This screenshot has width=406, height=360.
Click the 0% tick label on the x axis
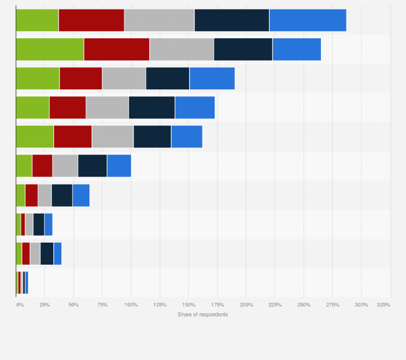[x=20, y=305]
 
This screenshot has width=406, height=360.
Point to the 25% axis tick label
[x=45, y=305]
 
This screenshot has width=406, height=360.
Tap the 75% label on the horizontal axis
[x=102, y=305]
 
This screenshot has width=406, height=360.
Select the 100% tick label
[x=131, y=305]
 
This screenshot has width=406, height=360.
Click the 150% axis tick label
[x=188, y=305]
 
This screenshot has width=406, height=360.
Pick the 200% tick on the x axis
[x=246, y=305]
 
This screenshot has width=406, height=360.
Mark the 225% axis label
[x=275, y=305]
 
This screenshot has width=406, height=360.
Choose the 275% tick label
[x=332, y=305]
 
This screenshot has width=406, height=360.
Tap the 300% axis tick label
[x=361, y=305]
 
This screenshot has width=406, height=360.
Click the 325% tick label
[x=383, y=305]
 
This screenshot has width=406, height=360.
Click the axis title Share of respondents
[x=203, y=314]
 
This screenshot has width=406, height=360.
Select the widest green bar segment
[x=50, y=50]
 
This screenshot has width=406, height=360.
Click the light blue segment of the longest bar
[x=307, y=20]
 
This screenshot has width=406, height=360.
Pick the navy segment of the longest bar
[x=232, y=20]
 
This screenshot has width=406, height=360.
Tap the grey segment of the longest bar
[x=159, y=20]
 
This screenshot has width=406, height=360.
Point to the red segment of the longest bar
[x=91, y=20]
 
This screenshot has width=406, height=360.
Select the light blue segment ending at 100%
[x=119, y=166]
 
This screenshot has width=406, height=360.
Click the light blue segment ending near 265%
[x=297, y=50]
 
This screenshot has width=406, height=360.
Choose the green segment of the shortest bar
[x=17, y=282]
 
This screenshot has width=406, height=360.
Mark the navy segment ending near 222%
[x=243, y=50]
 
